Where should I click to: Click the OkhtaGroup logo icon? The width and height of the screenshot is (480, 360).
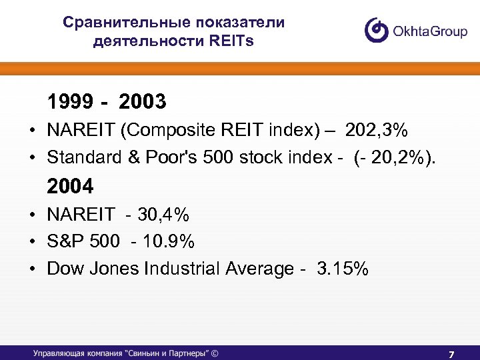(376, 30)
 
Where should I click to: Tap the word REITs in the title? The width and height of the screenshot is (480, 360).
(231, 41)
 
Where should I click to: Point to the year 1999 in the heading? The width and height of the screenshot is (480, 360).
(70, 102)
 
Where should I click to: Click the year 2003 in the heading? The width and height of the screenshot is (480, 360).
(142, 102)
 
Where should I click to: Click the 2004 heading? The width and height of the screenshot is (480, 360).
(70, 185)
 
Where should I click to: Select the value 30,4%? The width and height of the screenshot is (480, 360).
(163, 214)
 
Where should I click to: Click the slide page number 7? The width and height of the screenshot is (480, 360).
(451, 353)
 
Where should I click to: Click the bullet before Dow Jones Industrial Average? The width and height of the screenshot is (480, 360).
(32, 269)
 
